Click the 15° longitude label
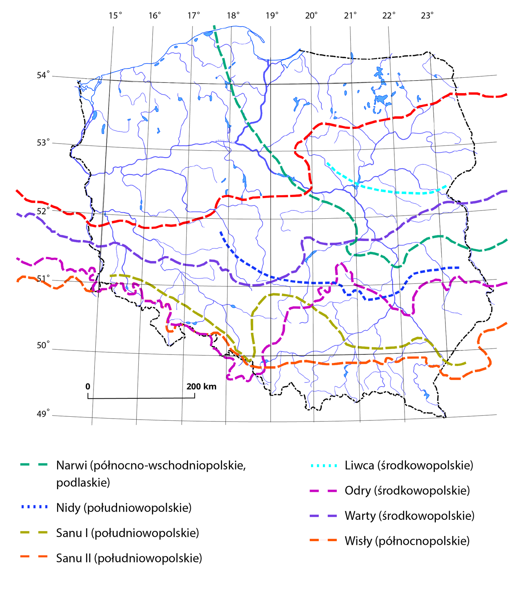(115, 15)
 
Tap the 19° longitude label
(272, 15)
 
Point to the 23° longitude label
(427, 15)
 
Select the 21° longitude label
(350, 15)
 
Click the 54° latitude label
(43, 75)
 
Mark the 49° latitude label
(43, 415)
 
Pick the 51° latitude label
(43, 278)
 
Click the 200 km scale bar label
(201, 387)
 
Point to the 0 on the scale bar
(88, 387)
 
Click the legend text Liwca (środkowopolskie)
(409, 465)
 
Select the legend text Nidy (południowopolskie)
(124, 508)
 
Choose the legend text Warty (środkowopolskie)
(409, 515)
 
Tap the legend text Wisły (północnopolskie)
(407, 541)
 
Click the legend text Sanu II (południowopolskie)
(129, 558)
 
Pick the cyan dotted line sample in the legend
(323, 466)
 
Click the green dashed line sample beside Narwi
(34, 465)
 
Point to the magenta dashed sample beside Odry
(323, 491)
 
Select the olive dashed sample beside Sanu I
(34, 533)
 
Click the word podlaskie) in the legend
(83, 482)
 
